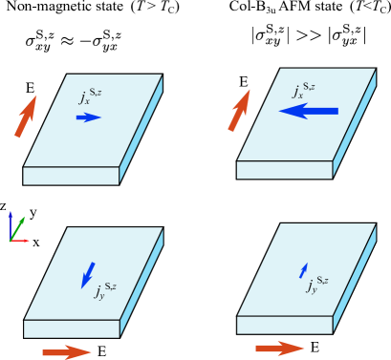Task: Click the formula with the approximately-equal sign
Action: click(x=74, y=40)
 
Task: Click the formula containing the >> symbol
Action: click(x=309, y=35)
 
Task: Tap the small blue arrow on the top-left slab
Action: click(x=88, y=117)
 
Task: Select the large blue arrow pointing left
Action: click(x=309, y=111)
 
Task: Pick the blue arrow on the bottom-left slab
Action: click(x=88, y=274)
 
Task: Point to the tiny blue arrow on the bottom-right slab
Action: click(x=304, y=270)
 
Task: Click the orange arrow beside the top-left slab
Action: click(x=27, y=116)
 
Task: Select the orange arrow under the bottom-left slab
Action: click(x=67, y=352)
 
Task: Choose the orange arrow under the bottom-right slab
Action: click(x=280, y=349)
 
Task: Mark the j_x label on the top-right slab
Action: click(x=304, y=91)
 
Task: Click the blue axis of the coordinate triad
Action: click(x=11, y=224)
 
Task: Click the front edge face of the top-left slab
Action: click(x=71, y=176)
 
